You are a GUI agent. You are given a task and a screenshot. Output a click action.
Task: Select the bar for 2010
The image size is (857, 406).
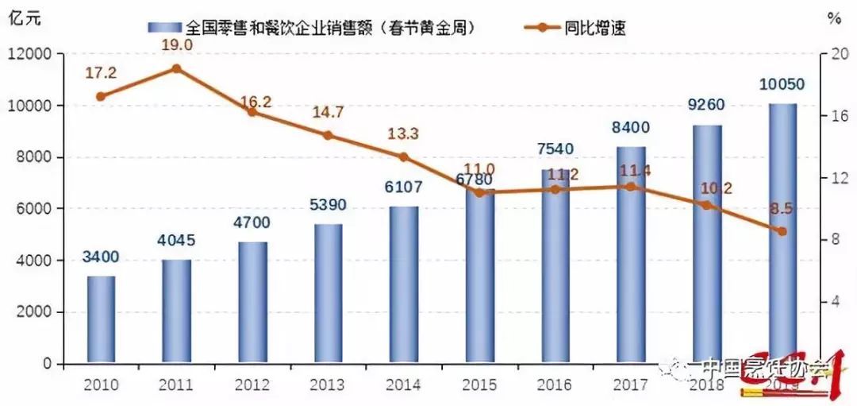point(101,319)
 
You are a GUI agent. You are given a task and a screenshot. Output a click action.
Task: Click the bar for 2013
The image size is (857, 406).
point(328,293)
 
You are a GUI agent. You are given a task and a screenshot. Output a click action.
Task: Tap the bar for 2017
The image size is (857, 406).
point(631,254)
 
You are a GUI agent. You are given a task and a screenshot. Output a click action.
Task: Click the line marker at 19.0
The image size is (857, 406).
point(176,68)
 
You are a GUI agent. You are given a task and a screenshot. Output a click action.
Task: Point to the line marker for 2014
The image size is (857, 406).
point(403,157)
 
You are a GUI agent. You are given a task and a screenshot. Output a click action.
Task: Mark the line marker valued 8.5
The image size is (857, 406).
point(782,231)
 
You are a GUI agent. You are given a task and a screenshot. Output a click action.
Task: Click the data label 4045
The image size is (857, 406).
point(176,241)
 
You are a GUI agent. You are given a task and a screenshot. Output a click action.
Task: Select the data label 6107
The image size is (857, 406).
point(403,188)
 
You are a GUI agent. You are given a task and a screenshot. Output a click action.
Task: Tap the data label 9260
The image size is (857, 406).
point(706,105)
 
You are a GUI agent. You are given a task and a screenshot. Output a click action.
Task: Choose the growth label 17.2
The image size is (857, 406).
point(101,73)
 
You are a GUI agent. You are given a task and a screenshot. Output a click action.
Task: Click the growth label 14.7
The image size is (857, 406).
point(328,112)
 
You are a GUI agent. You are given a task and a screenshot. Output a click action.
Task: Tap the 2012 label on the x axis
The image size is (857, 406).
point(252,385)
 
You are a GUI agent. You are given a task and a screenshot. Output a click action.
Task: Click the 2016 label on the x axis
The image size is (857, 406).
point(555,385)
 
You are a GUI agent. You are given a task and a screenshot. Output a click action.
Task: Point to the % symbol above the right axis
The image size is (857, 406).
point(833,17)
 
